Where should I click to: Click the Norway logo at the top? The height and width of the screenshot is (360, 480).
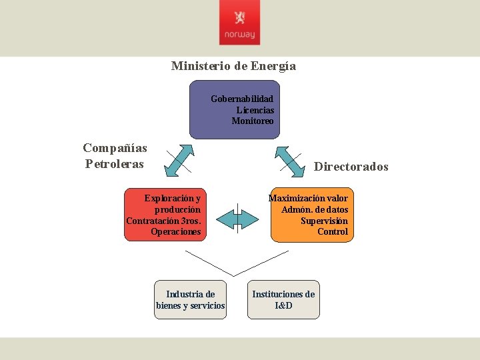tap(239, 27)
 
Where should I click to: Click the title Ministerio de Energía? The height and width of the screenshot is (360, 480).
tap(233, 66)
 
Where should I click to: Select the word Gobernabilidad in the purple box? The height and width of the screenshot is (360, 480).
tap(242, 99)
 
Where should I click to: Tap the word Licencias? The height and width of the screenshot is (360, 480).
tap(255, 110)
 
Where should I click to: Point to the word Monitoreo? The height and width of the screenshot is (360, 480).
tap(253, 121)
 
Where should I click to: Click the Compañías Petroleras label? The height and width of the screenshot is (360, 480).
tap(115, 156)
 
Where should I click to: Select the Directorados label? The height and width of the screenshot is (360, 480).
tap(351, 167)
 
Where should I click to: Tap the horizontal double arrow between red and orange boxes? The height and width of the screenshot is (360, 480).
tap(237, 218)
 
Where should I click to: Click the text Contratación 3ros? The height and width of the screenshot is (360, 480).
tap(163, 221)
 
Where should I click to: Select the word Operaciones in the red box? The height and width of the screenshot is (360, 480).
tap(175, 232)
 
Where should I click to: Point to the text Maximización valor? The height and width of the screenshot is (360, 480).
tap(308, 198)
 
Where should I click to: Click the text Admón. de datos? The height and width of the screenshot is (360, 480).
tap(315, 209)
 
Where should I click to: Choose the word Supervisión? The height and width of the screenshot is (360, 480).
tap(324, 221)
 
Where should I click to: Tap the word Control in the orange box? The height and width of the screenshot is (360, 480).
tap(332, 232)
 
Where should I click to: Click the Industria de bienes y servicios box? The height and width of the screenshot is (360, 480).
tap(190, 300)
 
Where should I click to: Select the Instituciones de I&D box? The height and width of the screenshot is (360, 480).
tap(283, 300)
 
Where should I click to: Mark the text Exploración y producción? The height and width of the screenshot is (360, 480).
tap(173, 203)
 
